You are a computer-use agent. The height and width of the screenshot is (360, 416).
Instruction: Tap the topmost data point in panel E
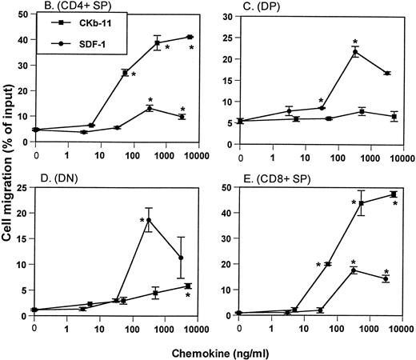coord(394,194)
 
